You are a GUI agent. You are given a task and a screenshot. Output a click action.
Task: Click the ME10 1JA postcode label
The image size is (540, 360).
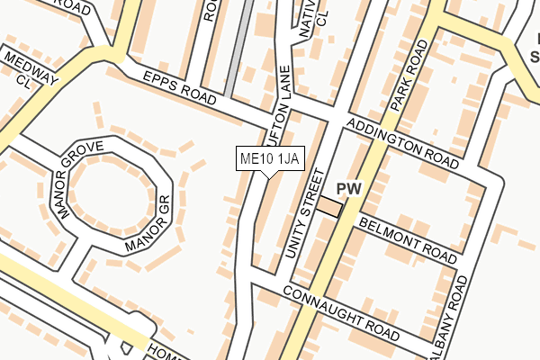269,159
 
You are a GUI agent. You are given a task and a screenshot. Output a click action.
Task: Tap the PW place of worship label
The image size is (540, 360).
348,189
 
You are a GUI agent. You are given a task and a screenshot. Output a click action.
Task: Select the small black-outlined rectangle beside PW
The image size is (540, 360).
329,208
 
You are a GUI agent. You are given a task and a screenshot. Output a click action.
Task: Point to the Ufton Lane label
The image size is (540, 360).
279,94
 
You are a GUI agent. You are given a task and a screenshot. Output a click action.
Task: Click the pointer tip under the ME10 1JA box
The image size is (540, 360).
269,176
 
